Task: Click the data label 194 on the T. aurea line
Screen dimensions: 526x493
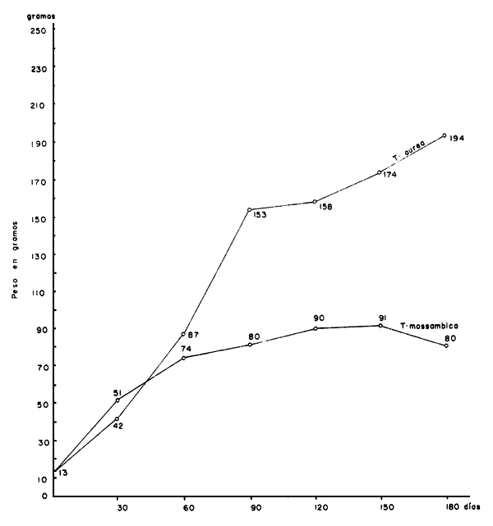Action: pos(458,138)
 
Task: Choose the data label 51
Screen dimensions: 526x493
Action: pos(117,393)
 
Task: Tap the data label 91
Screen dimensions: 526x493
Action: pos(381,316)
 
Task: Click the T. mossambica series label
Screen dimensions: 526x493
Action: pos(428,327)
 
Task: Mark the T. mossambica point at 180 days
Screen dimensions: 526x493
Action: pos(445,345)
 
